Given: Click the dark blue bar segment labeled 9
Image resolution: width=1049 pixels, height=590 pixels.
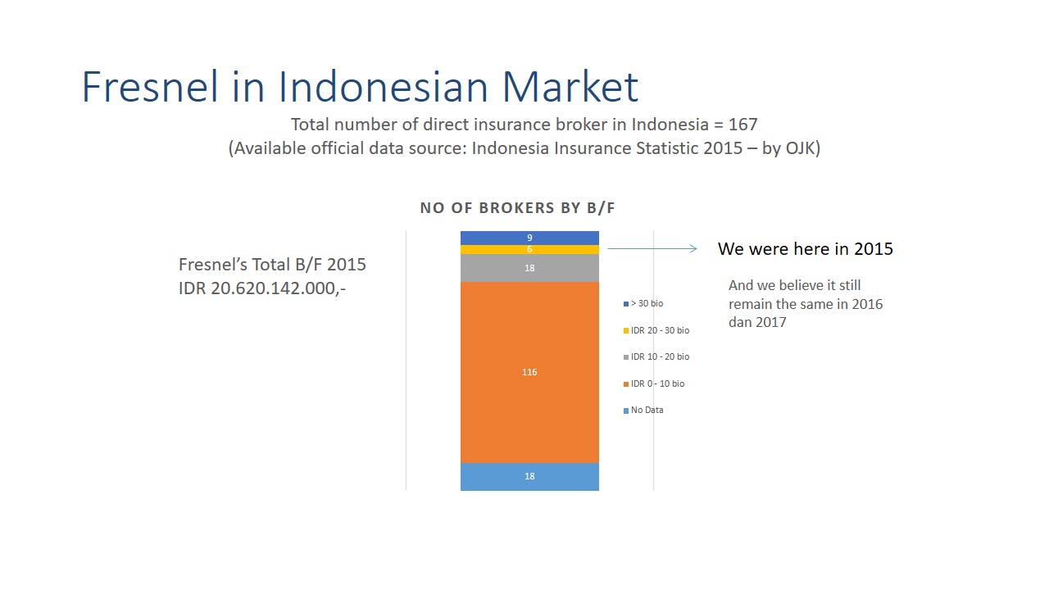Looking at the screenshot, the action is click(529, 238).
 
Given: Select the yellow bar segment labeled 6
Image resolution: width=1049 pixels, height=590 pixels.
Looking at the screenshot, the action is click(529, 250).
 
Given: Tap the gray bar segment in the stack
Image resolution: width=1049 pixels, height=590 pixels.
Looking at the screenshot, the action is click(529, 268).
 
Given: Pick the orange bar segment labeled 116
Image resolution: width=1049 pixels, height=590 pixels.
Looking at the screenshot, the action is click(529, 372).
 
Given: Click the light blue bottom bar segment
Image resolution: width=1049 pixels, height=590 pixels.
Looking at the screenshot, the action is click(529, 477).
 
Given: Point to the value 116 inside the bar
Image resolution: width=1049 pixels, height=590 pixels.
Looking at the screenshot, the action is click(529, 372).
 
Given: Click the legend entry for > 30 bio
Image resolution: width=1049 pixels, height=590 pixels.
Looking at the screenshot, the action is click(643, 303).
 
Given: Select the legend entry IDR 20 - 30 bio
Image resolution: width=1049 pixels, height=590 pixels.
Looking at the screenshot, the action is click(656, 330).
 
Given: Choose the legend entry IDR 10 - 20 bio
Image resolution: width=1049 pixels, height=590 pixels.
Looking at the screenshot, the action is click(656, 356).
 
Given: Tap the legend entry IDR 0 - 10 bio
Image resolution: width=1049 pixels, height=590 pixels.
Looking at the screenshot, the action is click(654, 384).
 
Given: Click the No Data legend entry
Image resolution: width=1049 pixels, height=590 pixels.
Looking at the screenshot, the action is click(643, 411).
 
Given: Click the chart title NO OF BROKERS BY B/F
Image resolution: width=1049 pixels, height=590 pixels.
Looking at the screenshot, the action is click(517, 208).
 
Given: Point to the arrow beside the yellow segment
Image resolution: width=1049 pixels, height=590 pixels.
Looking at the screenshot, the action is click(652, 248).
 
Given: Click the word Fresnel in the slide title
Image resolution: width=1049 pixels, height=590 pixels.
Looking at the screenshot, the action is click(150, 87).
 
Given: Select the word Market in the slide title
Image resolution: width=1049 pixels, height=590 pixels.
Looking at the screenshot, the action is click(570, 87).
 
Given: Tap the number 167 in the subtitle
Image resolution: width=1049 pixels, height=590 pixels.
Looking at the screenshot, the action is click(742, 125).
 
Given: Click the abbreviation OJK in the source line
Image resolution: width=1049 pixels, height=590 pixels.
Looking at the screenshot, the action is click(801, 148).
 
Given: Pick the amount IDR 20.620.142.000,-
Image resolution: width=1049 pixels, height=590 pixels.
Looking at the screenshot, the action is click(262, 288).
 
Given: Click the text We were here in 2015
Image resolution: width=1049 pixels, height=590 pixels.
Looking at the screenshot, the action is click(806, 249).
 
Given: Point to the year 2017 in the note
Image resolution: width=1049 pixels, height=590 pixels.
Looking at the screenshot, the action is click(772, 322).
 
